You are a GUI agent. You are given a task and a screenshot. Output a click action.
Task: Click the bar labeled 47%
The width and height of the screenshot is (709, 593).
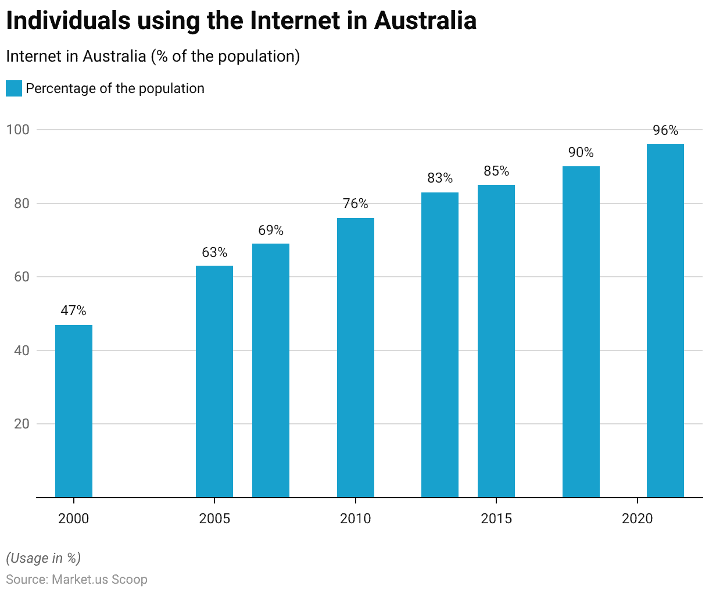(74, 411)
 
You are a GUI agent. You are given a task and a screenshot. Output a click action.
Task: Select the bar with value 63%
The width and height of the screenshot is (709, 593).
(214, 381)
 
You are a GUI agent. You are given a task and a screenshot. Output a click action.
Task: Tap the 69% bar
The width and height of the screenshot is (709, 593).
(271, 370)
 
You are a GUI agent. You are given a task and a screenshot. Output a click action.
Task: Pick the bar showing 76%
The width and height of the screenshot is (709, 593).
(356, 358)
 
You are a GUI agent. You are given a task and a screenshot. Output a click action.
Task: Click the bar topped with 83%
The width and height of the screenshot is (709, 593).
(440, 345)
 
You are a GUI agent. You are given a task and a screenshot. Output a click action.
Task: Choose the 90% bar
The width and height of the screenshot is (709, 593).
(581, 332)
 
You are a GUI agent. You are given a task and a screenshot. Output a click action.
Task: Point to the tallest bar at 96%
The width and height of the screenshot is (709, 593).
(665, 321)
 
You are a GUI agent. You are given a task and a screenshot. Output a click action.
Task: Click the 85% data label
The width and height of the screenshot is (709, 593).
(496, 171)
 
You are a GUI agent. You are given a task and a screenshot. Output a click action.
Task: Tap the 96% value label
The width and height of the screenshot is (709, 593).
(665, 130)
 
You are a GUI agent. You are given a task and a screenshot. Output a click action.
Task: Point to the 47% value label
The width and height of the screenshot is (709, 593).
(74, 311)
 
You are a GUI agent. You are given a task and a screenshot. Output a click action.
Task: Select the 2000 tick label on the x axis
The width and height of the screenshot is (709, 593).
(74, 519)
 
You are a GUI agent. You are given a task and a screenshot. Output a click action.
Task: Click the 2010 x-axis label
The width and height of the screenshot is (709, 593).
(356, 519)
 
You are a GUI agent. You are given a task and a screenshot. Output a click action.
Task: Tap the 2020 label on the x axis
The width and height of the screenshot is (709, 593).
(638, 519)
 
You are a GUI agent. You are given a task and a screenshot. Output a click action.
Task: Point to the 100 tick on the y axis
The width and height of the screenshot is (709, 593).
(17, 130)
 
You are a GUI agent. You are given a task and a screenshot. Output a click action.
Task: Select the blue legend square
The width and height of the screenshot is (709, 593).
(14, 88)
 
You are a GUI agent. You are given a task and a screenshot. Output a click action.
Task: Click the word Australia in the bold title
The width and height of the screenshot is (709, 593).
(425, 21)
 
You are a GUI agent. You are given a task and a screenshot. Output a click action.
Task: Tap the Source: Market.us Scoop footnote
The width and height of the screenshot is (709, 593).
(77, 580)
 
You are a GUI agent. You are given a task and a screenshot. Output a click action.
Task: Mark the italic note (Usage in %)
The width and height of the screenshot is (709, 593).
(44, 558)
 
